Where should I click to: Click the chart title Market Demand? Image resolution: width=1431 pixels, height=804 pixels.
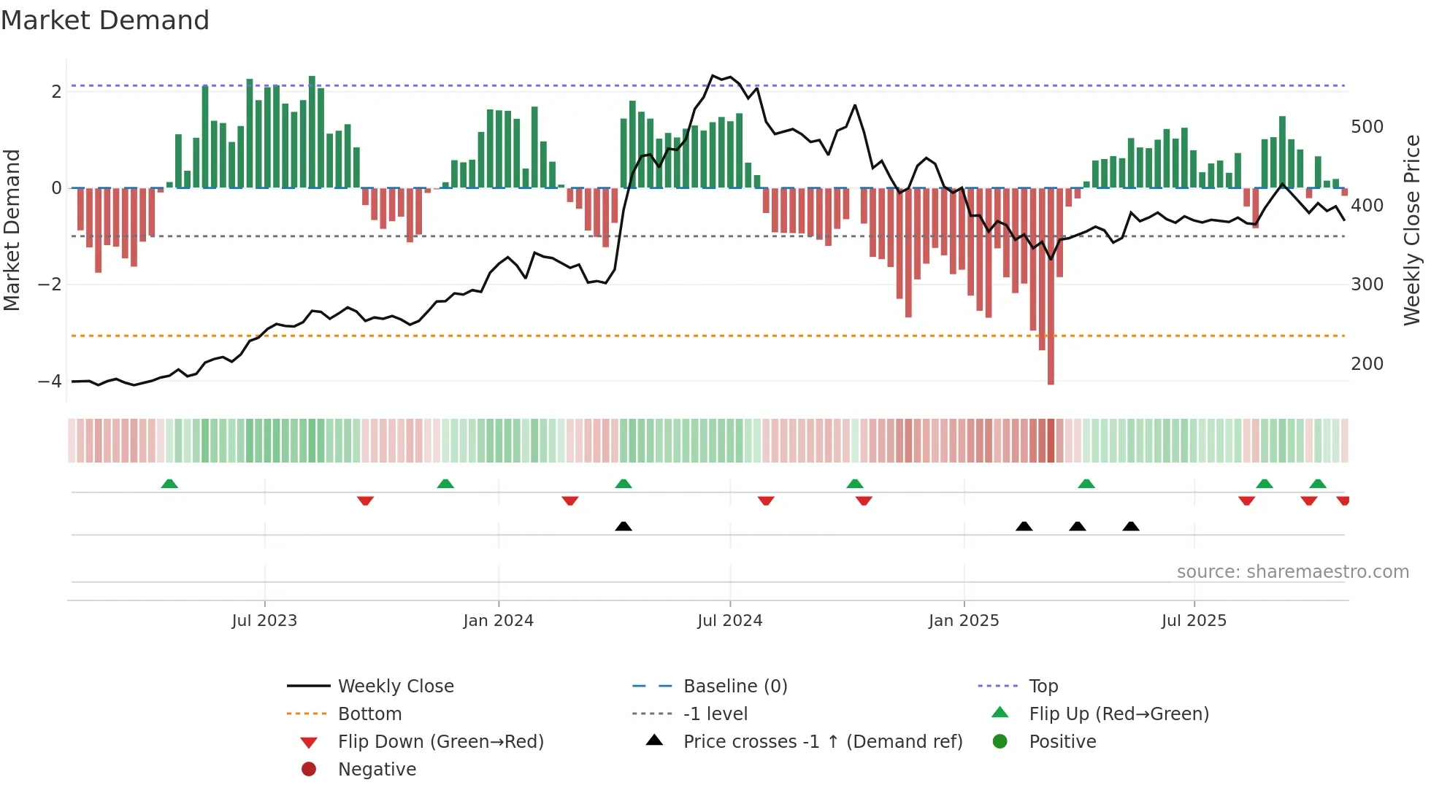click(x=105, y=20)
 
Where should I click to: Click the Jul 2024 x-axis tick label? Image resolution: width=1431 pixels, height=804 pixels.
click(x=729, y=621)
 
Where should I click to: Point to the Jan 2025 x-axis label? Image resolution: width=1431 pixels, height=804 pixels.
click(x=964, y=621)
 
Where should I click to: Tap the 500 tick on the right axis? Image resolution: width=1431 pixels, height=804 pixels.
click(x=1367, y=127)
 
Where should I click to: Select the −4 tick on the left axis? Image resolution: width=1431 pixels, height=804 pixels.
click(x=50, y=381)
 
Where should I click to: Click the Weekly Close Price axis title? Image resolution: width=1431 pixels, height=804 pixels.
click(x=1412, y=230)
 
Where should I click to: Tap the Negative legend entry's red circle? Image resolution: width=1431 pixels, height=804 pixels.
click(x=309, y=770)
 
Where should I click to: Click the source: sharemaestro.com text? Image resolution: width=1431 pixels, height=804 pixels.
click(x=1292, y=572)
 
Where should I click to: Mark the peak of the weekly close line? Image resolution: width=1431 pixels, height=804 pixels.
click(x=713, y=76)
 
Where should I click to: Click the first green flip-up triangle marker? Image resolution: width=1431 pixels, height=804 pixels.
click(x=169, y=484)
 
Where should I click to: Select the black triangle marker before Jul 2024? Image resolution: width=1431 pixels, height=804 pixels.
click(x=624, y=526)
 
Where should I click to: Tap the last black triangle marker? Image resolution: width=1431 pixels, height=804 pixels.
click(x=1131, y=526)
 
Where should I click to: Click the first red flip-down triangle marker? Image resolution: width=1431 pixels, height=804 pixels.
click(x=366, y=500)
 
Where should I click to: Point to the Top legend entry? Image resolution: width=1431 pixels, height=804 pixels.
click(x=1043, y=687)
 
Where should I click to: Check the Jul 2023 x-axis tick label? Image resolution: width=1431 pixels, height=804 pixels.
click(x=264, y=621)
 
